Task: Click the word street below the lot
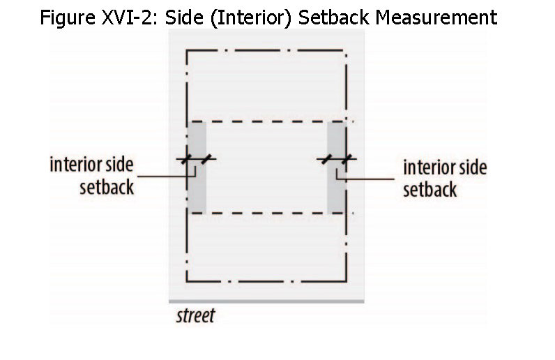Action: [x=195, y=315]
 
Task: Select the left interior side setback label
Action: [x=91, y=176]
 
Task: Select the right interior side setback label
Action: [x=445, y=177]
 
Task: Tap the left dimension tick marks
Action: [x=195, y=159]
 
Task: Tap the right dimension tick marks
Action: [x=337, y=159]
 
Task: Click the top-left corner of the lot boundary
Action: [x=187, y=50]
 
